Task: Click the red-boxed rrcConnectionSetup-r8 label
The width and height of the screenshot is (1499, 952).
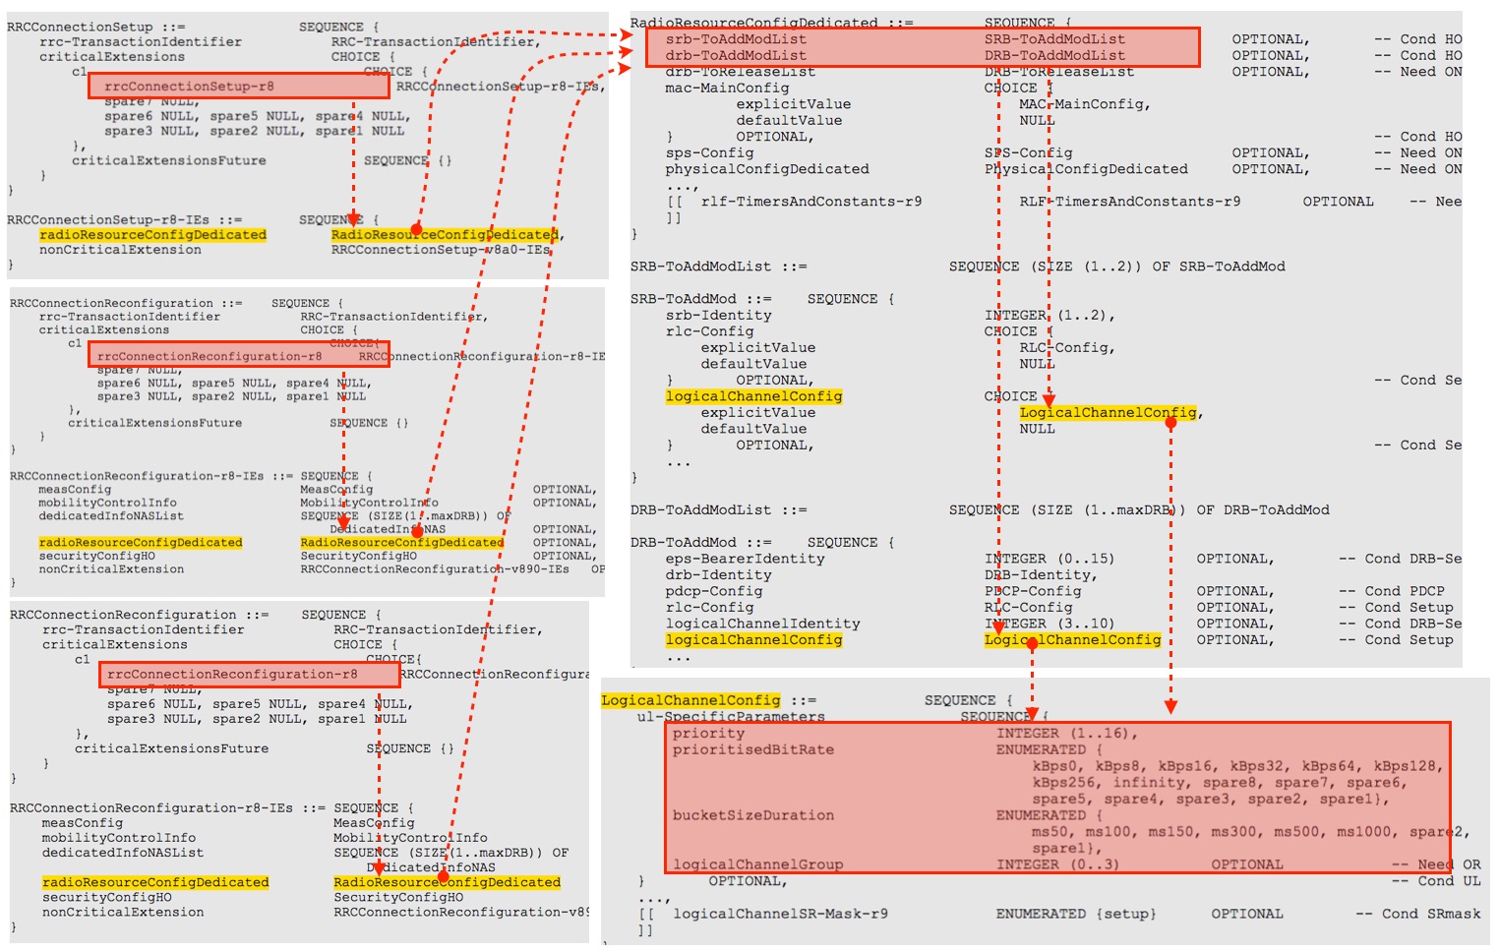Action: pos(189,87)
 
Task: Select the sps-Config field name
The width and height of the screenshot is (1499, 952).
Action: pos(709,153)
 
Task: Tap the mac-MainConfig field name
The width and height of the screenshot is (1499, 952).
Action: pos(726,89)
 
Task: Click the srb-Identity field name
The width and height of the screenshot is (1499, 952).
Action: pos(718,316)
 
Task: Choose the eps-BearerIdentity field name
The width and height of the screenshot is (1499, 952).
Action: pos(745,559)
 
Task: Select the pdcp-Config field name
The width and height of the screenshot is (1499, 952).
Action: pos(713,591)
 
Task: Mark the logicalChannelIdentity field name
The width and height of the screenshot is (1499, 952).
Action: pos(762,624)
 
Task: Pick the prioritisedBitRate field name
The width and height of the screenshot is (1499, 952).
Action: pos(752,749)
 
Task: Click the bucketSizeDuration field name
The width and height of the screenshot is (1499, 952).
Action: pos(752,815)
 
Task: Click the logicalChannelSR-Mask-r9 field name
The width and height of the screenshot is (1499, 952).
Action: pos(780,914)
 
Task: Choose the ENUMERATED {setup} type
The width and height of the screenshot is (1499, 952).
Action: pos(1075,914)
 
